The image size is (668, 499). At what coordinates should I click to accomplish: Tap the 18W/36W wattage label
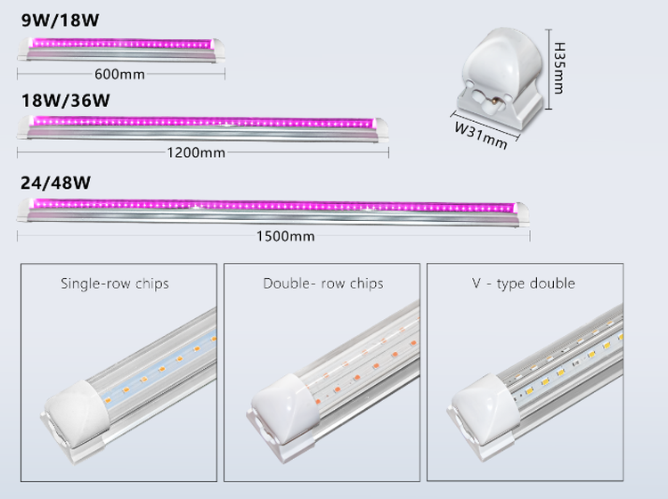(65, 99)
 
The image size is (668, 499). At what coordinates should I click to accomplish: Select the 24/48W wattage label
(56, 184)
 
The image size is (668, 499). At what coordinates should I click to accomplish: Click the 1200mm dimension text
(196, 151)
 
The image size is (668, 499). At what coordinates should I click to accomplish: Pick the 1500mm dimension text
(285, 236)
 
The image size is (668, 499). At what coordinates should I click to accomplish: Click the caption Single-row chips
(115, 284)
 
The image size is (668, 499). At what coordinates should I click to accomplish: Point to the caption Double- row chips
(323, 283)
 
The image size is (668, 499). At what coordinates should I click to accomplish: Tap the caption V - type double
(524, 283)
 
